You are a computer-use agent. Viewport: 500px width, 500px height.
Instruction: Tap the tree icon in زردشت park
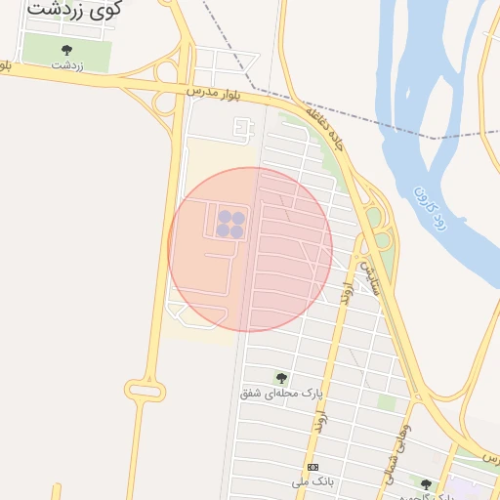[x=66, y=50]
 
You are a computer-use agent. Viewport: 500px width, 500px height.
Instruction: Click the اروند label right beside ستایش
[x=346, y=286]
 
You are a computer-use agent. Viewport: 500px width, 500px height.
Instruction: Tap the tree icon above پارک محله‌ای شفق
[x=282, y=378]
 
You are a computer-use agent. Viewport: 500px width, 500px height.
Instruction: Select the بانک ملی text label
[x=312, y=482]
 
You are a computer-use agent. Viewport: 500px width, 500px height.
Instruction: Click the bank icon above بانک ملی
[x=312, y=468]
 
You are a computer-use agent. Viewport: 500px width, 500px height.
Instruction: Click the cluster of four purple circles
[x=230, y=224]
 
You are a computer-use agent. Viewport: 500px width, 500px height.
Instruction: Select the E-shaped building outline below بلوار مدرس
[x=244, y=127]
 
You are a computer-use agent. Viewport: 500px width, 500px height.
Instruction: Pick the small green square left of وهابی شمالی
[x=387, y=402]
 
